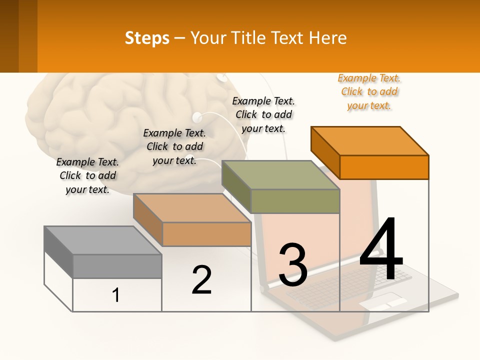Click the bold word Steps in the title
[x=147, y=38]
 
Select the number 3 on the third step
[x=293, y=265]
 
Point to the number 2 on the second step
[x=202, y=279]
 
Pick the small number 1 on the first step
[x=116, y=295]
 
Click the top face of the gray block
[x=102, y=240]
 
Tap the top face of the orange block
[x=370, y=141]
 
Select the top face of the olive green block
[x=281, y=175]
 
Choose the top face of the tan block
[x=192, y=208]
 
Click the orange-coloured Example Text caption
[x=369, y=92]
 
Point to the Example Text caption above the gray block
[x=87, y=175]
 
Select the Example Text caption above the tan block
[x=174, y=146]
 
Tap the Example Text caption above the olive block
[x=263, y=114]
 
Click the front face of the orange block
[x=384, y=167]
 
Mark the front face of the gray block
[x=117, y=266]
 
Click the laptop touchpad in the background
[x=383, y=301]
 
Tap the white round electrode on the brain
[x=197, y=118]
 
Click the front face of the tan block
[x=206, y=234]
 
